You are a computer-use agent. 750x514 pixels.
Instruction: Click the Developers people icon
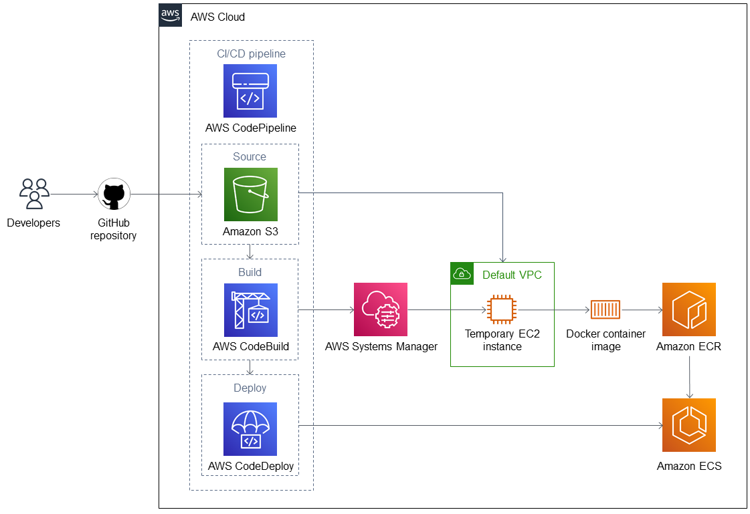coord(34,194)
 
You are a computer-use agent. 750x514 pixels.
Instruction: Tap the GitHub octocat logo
coord(114,194)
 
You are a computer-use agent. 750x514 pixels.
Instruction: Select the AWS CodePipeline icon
coord(250,91)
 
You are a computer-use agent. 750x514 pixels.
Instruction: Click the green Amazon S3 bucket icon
coord(251,195)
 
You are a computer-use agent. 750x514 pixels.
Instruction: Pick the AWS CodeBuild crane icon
coord(251,310)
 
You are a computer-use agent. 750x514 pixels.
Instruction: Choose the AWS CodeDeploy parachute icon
coord(250,429)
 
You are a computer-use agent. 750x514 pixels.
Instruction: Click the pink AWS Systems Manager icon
coord(381,309)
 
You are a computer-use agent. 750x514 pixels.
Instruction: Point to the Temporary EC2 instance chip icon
coord(502,309)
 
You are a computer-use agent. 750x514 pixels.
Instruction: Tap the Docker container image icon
coord(605,309)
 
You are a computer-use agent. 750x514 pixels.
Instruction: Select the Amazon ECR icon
coord(688,309)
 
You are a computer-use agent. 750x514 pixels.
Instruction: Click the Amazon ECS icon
coord(688,425)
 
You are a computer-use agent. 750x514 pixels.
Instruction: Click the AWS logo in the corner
coord(171,15)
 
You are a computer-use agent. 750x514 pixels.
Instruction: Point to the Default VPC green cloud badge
coord(462,274)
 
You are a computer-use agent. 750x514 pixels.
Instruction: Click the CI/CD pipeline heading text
coord(251,53)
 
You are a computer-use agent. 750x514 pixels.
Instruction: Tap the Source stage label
coord(250,156)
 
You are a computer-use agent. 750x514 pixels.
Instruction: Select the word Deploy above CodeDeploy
coord(250,388)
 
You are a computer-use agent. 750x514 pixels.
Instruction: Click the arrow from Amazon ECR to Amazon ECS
coord(689,378)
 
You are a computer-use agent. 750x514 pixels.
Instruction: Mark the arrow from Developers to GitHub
coord(74,195)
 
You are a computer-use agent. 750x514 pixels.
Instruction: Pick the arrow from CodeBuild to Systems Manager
coord(326,310)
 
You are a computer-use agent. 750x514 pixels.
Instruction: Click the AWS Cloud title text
coord(217,17)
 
